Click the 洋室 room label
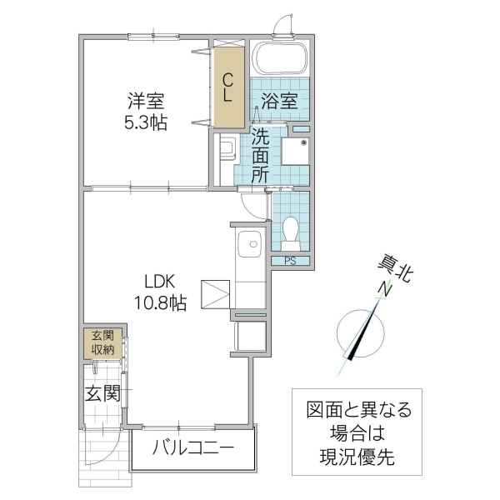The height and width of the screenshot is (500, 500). tap(146, 102)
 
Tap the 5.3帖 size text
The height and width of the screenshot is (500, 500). tap(146, 123)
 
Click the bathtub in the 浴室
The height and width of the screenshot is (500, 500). tap(281, 58)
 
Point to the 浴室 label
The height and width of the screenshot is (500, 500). tap(279, 102)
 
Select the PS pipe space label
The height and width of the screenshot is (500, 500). tap(291, 261)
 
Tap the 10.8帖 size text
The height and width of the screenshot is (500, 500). tap(161, 303)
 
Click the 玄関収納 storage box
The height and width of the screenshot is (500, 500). tap(102, 343)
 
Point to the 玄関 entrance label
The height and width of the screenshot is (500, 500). tap(102, 392)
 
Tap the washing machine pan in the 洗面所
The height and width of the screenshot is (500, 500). tap(295, 153)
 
